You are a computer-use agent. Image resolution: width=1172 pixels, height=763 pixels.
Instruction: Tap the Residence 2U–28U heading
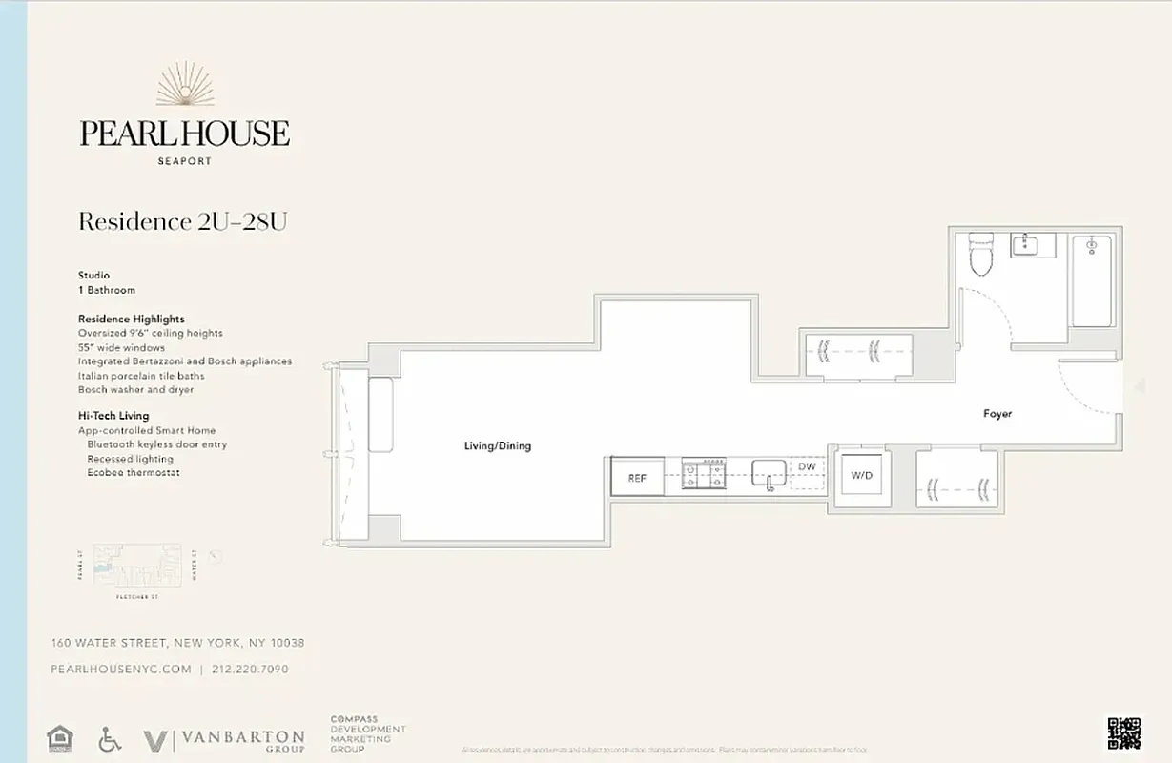coord(182,222)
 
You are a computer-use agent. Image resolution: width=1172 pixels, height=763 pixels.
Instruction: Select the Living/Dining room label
coord(497,446)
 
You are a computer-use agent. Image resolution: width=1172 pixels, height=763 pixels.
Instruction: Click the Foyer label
coord(997,414)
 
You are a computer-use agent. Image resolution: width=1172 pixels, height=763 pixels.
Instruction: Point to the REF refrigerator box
coord(637,477)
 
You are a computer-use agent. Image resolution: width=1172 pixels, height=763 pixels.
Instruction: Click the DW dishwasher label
coord(807,466)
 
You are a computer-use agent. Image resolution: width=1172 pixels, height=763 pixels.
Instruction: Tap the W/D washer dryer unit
coord(862,475)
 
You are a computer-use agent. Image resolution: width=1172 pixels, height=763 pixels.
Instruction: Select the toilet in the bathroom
coord(981,254)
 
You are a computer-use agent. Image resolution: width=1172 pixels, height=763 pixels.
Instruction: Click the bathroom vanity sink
coord(1032,245)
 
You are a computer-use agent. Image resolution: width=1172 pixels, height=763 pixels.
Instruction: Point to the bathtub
coord(1093,281)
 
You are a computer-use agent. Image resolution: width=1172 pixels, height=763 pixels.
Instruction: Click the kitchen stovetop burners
coord(705,474)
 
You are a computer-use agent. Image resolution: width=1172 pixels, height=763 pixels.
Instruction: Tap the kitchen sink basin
coord(769,473)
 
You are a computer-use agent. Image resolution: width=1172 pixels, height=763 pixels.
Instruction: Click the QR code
coord(1123,732)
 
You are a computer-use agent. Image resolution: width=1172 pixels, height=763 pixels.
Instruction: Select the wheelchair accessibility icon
coord(110,739)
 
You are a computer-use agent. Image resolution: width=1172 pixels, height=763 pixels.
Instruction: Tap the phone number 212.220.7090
coord(249,670)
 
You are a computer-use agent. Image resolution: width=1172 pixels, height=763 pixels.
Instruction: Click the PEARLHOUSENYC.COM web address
coord(121,670)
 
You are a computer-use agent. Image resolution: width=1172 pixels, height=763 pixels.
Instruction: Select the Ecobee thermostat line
coord(134,473)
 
